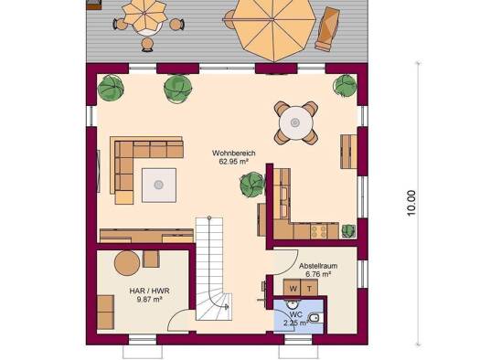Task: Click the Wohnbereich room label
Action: [x=233, y=153]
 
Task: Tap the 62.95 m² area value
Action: [x=233, y=162]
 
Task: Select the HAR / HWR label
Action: [x=149, y=291]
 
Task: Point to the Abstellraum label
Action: [x=318, y=266]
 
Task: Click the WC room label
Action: [x=295, y=314]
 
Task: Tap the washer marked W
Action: [x=293, y=288]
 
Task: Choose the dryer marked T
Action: [x=310, y=288]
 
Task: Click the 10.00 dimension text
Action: [x=411, y=203]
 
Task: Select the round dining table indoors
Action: [x=295, y=123]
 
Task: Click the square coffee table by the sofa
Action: [x=159, y=185]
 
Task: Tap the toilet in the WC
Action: [x=315, y=318]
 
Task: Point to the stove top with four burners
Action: [x=319, y=231]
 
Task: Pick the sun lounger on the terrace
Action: [x=327, y=28]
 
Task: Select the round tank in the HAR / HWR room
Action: [x=127, y=263]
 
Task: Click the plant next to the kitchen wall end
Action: [x=252, y=185]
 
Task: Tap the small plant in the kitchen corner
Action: [x=348, y=231]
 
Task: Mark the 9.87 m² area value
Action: [x=149, y=299]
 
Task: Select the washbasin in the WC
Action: [x=291, y=304]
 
